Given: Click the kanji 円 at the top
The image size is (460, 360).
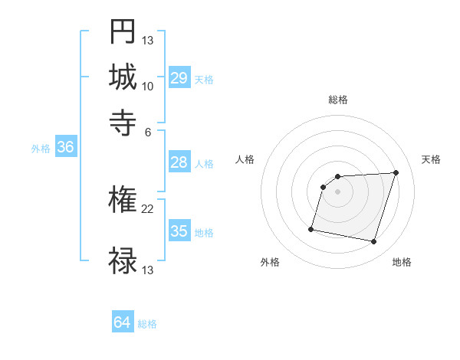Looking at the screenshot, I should [x=123, y=32].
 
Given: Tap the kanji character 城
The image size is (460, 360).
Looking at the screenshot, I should [x=123, y=77].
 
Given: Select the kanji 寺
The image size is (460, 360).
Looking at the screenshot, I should [x=123, y=122].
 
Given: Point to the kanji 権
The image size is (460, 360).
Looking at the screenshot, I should [x=123, y=201].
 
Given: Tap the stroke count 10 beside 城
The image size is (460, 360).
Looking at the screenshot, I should [x=148, y=86].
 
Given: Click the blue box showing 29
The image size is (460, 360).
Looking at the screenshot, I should [x=179, y=78].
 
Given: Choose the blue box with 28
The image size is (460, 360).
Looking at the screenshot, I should [x=179, y=162].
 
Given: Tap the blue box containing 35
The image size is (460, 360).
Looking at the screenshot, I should [x=179, y=231].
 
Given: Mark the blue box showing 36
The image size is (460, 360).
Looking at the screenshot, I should [x=65, y=148].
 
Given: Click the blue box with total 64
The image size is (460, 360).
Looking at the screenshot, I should [x=122, y=322].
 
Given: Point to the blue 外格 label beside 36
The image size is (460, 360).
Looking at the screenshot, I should [x=40, y=149].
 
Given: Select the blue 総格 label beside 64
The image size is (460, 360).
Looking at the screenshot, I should [x=147, y=324].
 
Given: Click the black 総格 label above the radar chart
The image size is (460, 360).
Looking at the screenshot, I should [x=338, y=100].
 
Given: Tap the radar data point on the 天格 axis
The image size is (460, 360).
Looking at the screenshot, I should [x=396, y=172].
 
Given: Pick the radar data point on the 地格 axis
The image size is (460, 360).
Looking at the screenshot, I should [x=374, y=242].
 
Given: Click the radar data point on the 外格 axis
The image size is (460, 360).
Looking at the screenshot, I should [x=311, y=228].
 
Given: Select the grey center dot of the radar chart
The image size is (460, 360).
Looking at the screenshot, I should [x=338, y=191].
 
